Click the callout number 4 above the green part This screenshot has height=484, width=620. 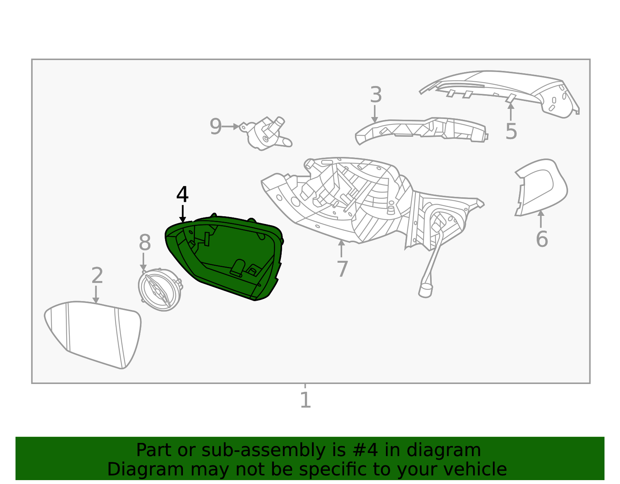(x=182, y=195)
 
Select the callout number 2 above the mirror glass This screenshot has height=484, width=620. (x=97, y=276)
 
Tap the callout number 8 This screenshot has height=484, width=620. (x=145, y=243)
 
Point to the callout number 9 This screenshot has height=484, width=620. (x=215, y=127)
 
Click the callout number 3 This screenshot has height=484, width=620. (x=375, y=95)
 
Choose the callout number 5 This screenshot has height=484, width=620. (x=511, y=131)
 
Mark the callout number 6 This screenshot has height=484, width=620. (x=542, y=239)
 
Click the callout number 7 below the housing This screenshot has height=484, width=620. (x=342, y=269)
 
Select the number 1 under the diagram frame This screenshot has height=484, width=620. (x=305, y=400)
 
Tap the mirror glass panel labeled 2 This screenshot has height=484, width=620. (x=93, y=333)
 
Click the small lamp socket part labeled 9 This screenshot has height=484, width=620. (x=265, y=134)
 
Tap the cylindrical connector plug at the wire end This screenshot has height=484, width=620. (x=425, y=290)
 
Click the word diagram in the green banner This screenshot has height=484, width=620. (x=444, y=450)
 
